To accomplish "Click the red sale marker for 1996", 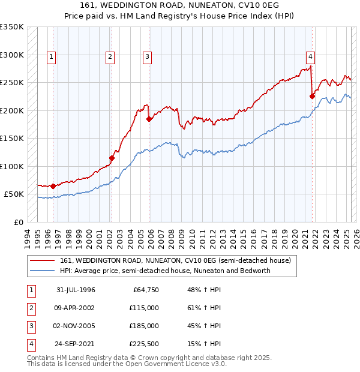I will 53,186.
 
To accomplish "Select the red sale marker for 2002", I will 112,158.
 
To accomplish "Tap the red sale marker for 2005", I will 149,119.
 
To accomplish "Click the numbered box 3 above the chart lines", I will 147,57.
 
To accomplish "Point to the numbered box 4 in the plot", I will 310,57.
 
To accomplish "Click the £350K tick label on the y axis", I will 12,27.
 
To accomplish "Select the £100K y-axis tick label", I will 12,166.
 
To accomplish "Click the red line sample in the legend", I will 42,260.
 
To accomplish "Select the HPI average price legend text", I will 166,271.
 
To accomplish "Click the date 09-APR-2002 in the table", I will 76,308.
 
